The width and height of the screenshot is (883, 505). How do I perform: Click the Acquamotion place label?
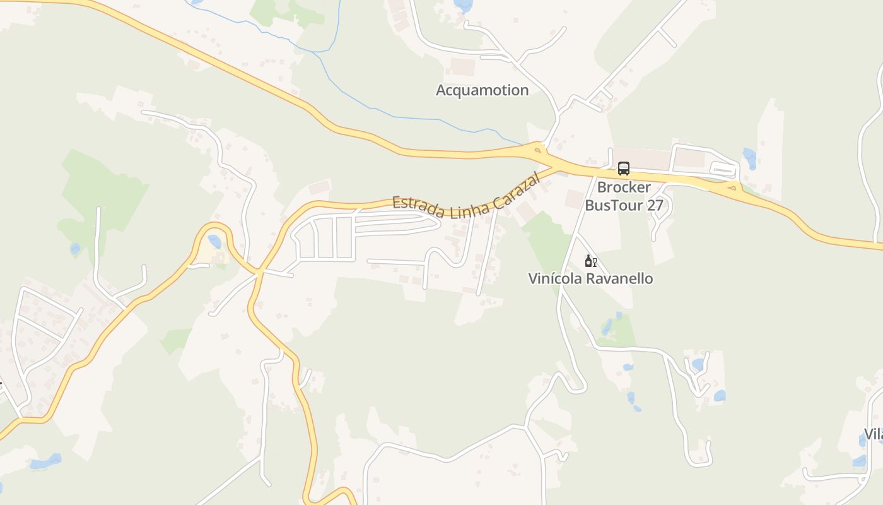coord(482,90)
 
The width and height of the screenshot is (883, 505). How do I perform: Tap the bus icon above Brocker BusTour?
coord(624,169)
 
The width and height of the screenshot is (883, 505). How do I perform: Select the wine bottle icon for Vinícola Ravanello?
coord(590,261)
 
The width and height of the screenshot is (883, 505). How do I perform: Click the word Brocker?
coord(624,187)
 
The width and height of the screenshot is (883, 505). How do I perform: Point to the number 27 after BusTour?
coord(655,205)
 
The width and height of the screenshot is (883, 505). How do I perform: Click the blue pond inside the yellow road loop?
coord(215,242)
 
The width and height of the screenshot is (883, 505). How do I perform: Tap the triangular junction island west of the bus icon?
coord(538,150)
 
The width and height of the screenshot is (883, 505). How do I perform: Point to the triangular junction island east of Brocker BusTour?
coord(732,186)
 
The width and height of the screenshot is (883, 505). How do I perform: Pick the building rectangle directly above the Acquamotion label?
coord(462,67)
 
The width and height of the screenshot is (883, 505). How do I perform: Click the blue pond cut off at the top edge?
coord(464,6)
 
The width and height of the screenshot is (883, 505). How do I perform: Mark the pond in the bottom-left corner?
coord(45,462)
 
